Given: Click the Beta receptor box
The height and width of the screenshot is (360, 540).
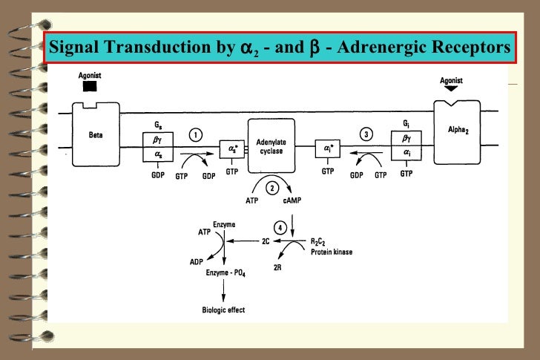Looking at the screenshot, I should point(96,133).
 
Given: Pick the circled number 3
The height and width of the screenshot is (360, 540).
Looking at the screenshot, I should point(366,134).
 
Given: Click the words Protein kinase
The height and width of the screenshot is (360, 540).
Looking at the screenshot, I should point(332,252).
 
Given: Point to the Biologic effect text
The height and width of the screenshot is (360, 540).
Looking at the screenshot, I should point(223,310).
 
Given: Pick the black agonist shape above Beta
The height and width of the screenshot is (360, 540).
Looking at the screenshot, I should point(90,87).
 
